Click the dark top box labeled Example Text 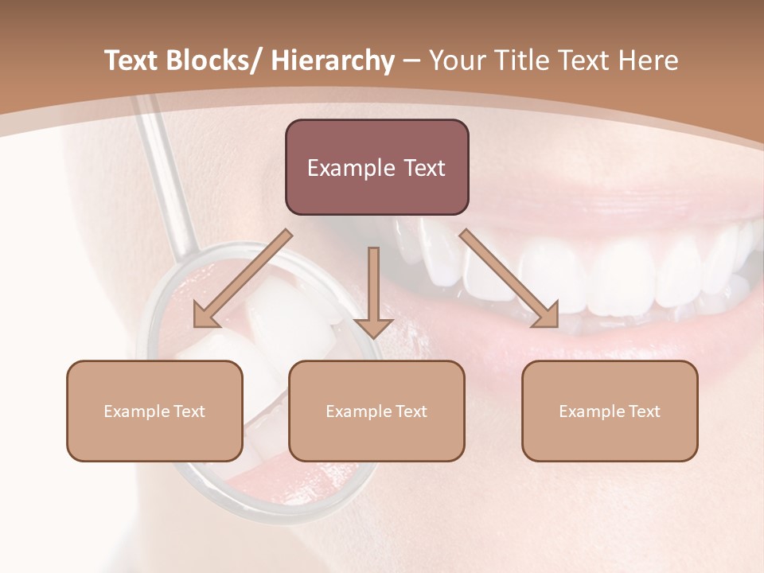tap(376, 167)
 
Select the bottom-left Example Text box tap(154, 411)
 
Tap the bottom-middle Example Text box tap(376, 411)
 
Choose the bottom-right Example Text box tap(610, 411)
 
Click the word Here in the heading tap(649, 61)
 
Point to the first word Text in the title tap(132, 61)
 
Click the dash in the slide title tap(411, 61)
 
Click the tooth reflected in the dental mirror tap(290, 318)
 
